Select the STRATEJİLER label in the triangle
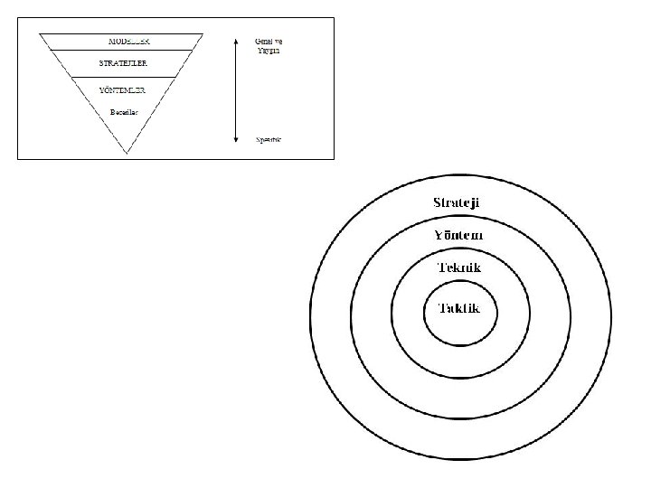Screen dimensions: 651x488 [x=124, y=63]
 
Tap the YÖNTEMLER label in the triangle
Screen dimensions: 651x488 [x=123, y=91]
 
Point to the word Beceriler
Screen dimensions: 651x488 [x=123, y=111]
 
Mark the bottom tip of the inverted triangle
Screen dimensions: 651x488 [x=126, y=152]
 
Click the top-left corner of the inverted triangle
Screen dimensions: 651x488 [x=39, y=34]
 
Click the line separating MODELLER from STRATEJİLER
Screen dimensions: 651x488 [x=124, y=50]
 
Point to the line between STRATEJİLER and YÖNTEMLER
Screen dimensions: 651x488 [x=124, y=77]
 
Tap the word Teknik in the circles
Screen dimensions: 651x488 [x=458, y=268]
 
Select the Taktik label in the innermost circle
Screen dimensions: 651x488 [x=459, y=308]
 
